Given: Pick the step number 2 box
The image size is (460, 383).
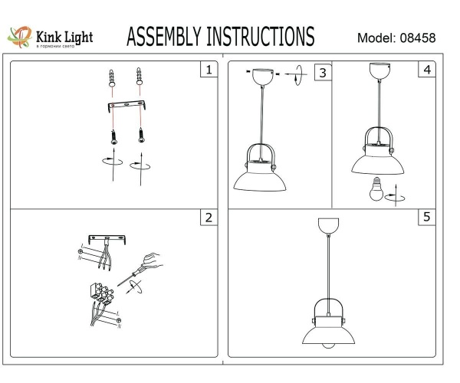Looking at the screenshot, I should (207, 218).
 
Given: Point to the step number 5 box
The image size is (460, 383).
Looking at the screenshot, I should (426, 218).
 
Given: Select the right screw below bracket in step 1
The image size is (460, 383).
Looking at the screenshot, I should (140, 134).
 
